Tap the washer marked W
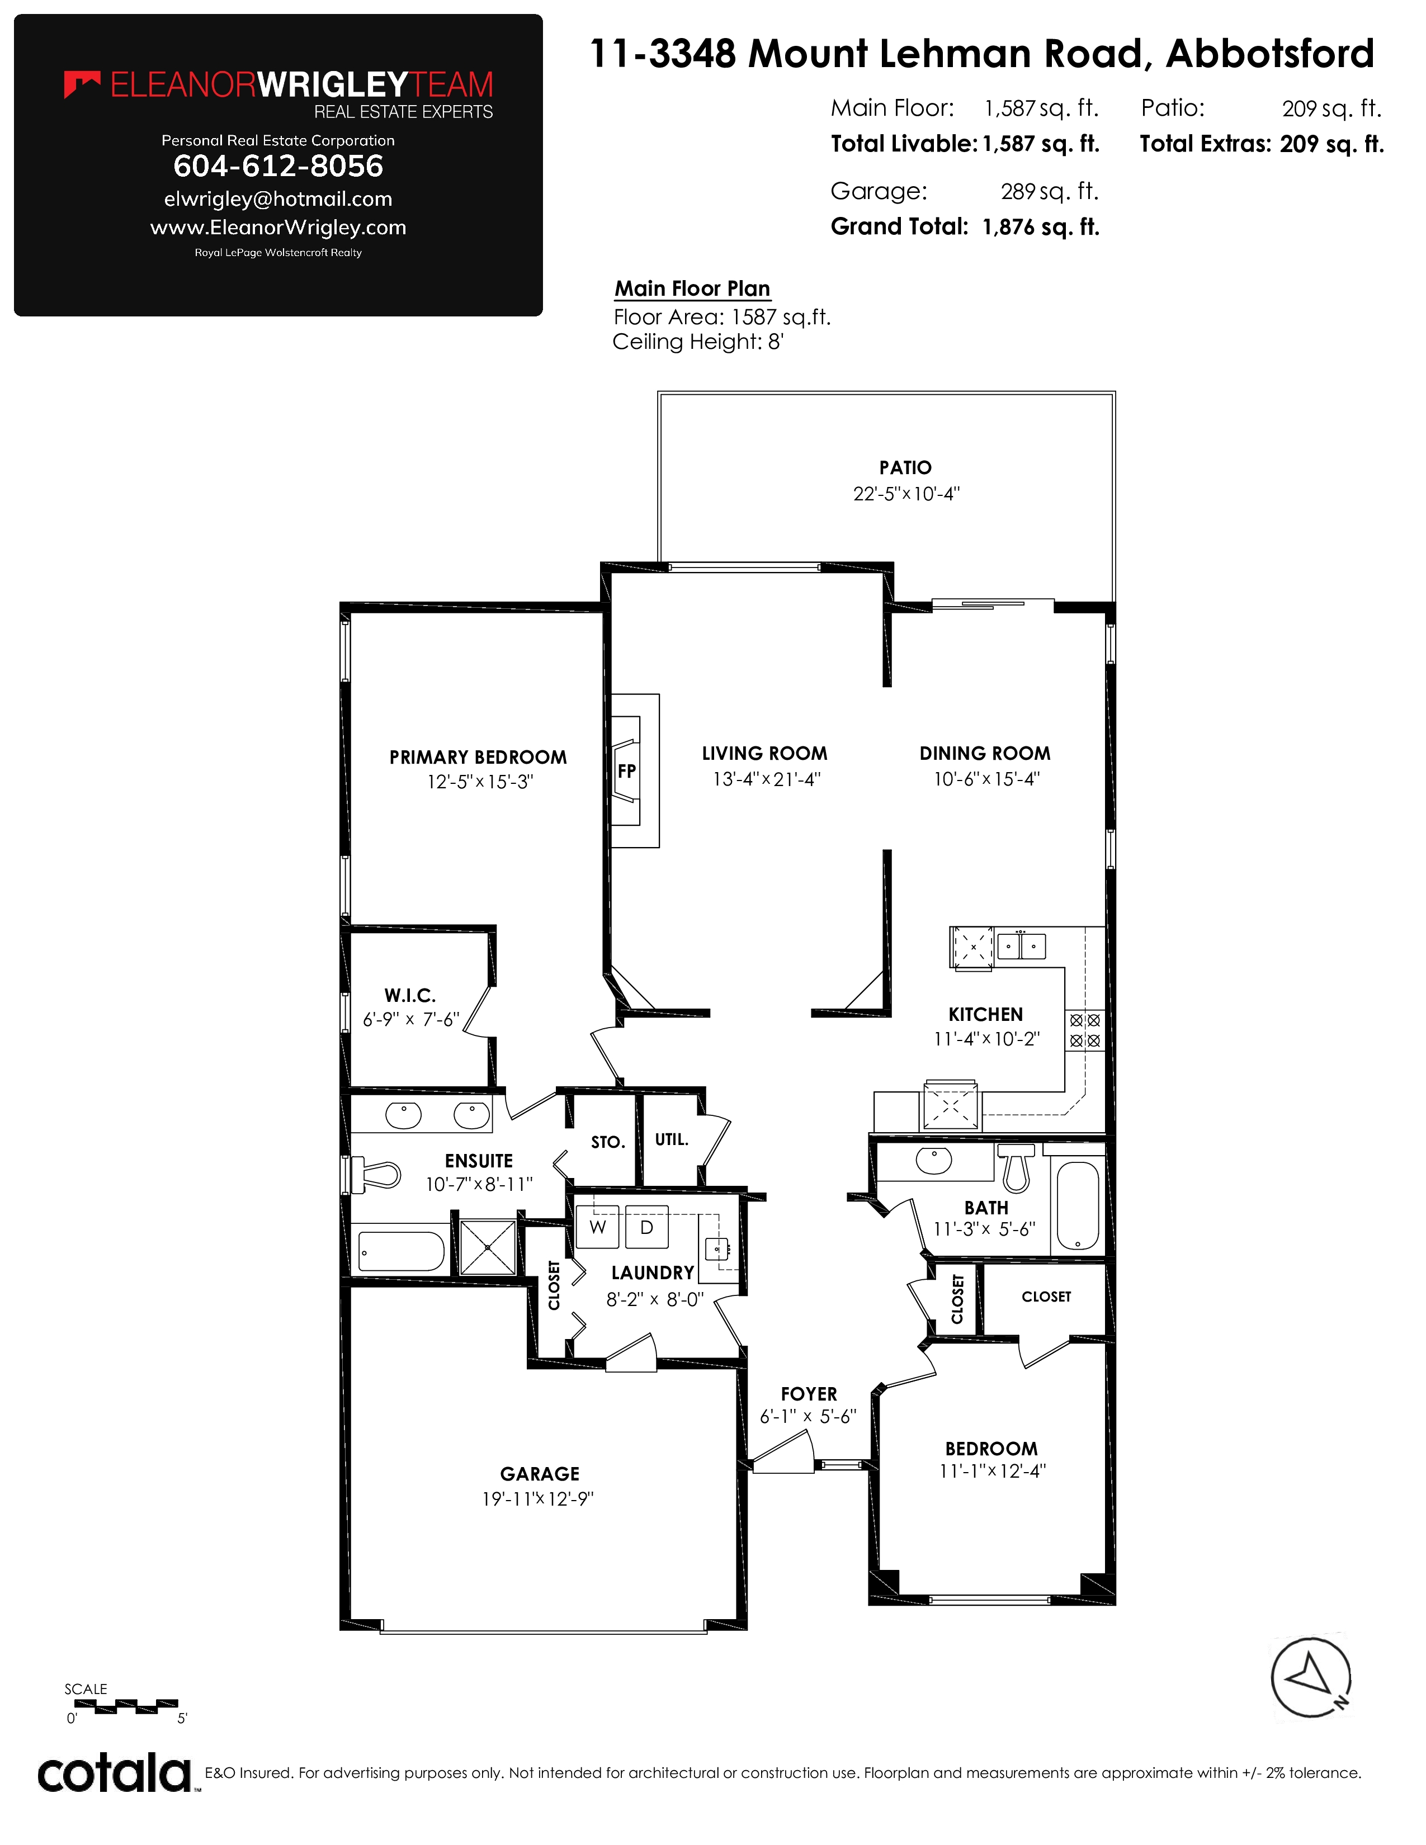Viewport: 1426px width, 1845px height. point(597,1227)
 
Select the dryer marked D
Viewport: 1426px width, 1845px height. point(647,1227)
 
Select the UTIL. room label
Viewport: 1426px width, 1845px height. point(672,1139)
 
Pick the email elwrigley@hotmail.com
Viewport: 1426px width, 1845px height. point(278,200)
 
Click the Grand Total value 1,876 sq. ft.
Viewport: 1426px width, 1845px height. point(1041,227)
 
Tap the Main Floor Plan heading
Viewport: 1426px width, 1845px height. point(692,289)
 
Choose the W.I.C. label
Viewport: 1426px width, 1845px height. point(410,996)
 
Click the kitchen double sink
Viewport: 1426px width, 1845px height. point(1021,946)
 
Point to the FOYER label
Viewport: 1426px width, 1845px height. point(809,1394)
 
